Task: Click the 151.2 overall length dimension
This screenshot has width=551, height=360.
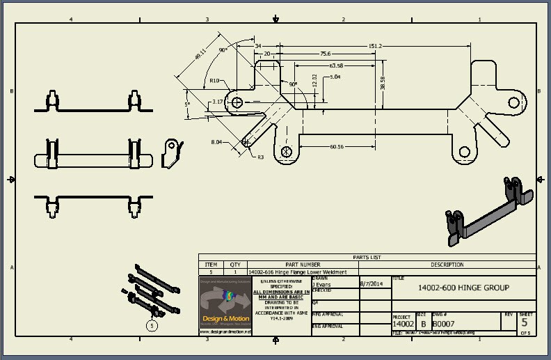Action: coord(375,46)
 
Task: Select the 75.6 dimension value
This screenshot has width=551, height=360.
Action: coord(325,54)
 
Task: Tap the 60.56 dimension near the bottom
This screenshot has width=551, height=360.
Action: coord(337,147)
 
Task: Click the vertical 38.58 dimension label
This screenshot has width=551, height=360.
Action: coord(383,83)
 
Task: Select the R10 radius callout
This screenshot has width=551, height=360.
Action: coord(214,81)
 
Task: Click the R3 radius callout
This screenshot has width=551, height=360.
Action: coord(260,157)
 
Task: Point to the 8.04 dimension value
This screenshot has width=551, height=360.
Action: coord(216,142)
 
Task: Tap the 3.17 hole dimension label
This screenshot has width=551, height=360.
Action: coord(217,102)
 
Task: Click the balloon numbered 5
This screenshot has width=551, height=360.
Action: coord(152,324)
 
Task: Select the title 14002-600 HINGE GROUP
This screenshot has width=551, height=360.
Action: coord(463,288)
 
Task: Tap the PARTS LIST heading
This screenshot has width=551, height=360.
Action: coord(367,257)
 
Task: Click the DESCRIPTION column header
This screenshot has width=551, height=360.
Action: coord(447,265)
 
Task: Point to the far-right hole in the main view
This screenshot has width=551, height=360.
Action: coord(513,102)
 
